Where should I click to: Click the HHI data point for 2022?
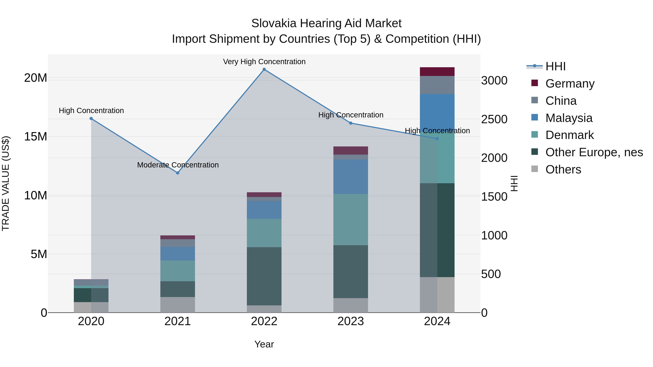click(264, 69)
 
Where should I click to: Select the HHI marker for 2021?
click(178, 173)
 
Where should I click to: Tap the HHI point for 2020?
click(91, 119)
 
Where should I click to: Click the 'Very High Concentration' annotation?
click(264, 62)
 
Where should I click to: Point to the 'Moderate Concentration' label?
click(178, 165)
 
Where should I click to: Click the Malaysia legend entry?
click(569, 118)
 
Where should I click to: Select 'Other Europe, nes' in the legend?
click(594, 152)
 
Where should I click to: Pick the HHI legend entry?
click(555, 66)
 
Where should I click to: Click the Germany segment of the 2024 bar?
click(437, 72)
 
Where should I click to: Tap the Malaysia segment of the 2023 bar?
click(351, 177)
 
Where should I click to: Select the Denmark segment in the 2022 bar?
click(264, 233)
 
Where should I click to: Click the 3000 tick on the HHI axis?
click(494, 80)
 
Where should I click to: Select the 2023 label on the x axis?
click(351, 321)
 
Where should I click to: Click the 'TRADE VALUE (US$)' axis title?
click(6, 183)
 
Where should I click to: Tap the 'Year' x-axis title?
click(264, 344)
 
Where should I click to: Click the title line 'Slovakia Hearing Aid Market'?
click(326, 23)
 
